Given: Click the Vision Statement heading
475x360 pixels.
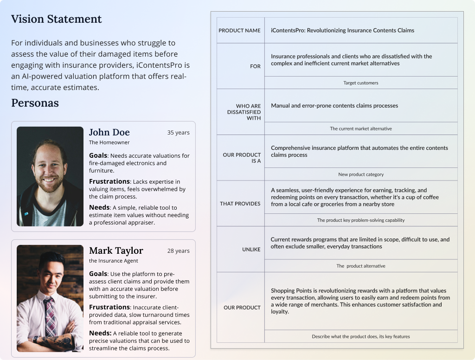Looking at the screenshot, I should [56, 19].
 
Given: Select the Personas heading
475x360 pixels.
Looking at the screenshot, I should [35, 103].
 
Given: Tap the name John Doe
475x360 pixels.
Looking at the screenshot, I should [109, 132].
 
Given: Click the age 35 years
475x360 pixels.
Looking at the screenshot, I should [178, 133].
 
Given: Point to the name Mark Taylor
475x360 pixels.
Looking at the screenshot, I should [116, 251].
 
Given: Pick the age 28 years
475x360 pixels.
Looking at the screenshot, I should [178, 251].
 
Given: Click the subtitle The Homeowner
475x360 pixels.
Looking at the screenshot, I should [109, 142].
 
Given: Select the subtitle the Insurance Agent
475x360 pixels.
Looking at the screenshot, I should [113, 261].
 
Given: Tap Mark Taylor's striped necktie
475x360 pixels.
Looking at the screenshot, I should [49, 315].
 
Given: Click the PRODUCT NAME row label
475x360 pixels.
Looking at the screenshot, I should [239, 31].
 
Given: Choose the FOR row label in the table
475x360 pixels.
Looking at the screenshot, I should [255, 66].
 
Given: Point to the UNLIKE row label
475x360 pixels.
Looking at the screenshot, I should [251, 250].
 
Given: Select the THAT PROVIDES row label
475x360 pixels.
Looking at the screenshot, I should [240, 204].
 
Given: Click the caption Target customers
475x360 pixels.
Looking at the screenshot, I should [360, 83].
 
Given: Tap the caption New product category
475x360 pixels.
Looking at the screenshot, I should [360, 174].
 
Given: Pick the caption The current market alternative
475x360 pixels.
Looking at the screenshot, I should [360, 129].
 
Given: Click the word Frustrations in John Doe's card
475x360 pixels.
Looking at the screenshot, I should [109, 181].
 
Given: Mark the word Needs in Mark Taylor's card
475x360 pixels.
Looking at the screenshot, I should [100, 333].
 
